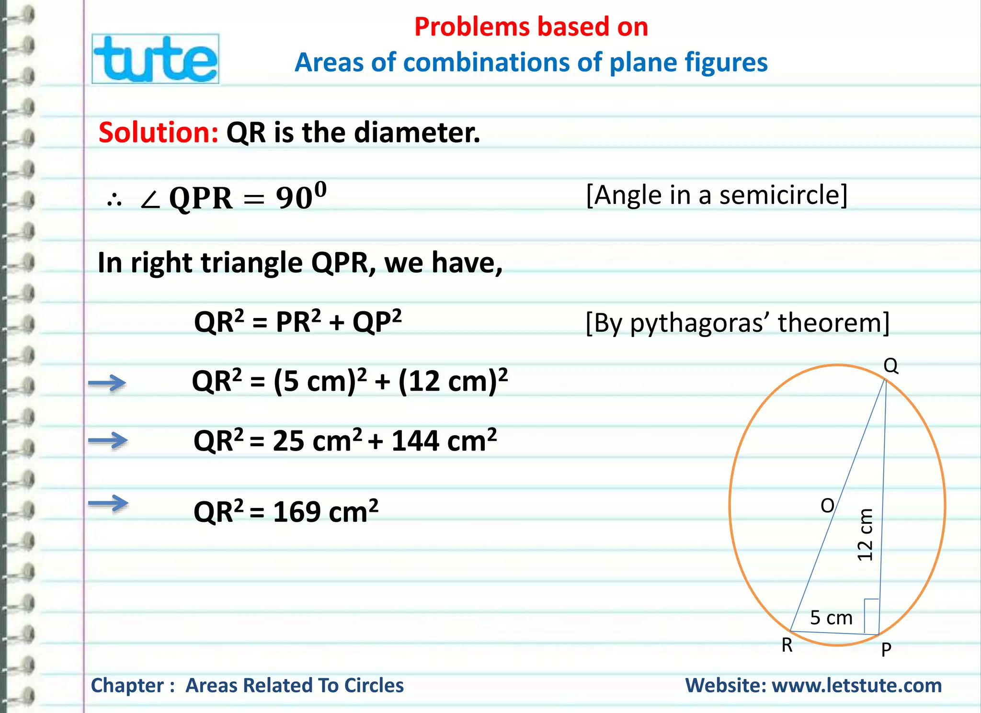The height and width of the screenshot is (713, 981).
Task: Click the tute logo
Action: coord(156,59)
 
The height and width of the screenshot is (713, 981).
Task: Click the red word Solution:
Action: coord(159,133)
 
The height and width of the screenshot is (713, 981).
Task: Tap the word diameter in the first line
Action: coord(416,133)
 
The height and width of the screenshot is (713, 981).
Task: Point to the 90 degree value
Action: coord(301,196)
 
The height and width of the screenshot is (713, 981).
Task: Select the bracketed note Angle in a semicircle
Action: coord(717,195)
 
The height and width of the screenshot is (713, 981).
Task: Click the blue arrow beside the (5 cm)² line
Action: coord(107,383)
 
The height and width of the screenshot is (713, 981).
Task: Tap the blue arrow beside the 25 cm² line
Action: coord(108,440)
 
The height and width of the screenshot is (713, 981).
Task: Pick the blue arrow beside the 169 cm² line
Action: coord(108,503)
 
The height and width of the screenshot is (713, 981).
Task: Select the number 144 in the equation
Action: coord(415,441)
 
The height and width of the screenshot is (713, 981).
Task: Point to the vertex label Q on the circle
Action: coord(890,366)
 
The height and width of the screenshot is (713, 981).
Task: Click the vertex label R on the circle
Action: coord(787,645)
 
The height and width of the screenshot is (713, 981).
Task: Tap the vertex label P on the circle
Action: coord(886,649)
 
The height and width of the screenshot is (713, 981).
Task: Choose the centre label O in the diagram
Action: coord(827,506)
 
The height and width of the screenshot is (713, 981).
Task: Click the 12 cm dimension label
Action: coord(865,534)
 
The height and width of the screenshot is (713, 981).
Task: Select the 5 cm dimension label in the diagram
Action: coord(831,618)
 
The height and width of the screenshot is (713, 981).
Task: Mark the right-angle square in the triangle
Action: coord(871,615)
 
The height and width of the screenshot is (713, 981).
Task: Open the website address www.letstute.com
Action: coord(856,685)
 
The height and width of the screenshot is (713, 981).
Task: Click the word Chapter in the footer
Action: coord(127,685)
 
